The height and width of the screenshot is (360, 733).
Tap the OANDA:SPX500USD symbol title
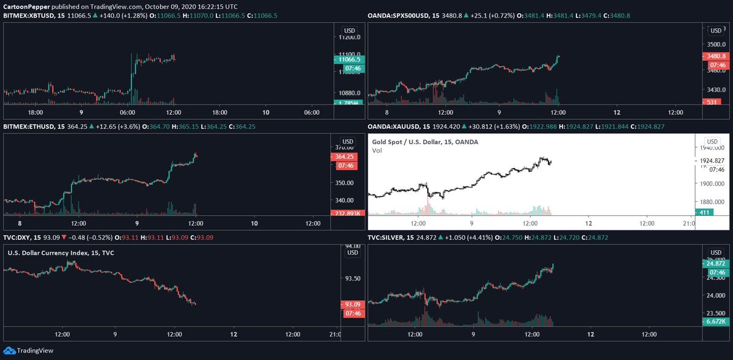[x=397, y=15]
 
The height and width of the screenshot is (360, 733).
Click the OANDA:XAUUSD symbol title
[x=394, y=127]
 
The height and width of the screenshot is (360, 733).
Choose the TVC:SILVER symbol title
[x=387, y=237]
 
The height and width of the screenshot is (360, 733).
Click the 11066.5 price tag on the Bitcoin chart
[x=348, y=59]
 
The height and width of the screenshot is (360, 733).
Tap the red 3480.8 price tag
[x=715, y=56]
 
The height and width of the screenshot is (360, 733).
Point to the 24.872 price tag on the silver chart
[x=715, y=263]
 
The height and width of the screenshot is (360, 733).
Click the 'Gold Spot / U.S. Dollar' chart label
[x=425, y=142]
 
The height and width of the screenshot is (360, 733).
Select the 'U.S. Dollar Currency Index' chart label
[x=61, y=252]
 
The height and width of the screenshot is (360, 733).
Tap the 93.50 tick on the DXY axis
[x=352, y=278]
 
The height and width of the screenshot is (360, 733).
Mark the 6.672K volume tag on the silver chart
[x=715, y=321]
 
